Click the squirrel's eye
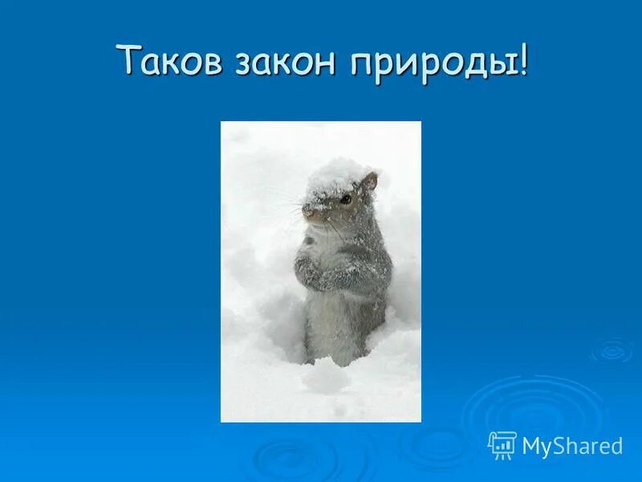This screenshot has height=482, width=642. pyautogui.click(x=346, y=198)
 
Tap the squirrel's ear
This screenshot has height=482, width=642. pyautogui.click(x=369, y=184)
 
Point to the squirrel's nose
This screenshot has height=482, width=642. pyautogui.click(x=307, y=213)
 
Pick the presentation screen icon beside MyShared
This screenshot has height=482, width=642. pyautogui.click(x=502, y=445)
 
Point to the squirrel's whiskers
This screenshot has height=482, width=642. pyautogui.click(x=289, y=205)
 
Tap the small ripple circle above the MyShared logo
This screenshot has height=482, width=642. pyautogui.click(x=612, y=349)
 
